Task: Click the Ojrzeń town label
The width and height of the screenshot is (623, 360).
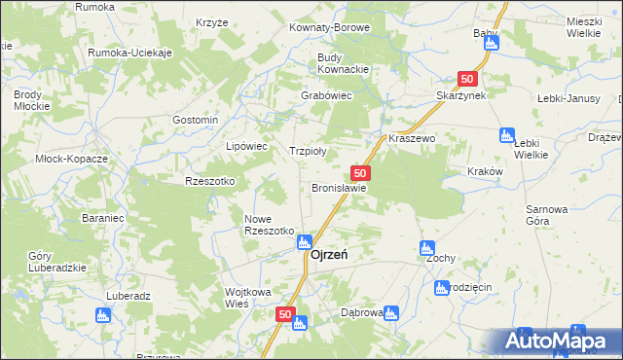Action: (x=330, y=255)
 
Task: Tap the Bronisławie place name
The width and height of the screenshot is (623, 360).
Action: (x=339, y=188)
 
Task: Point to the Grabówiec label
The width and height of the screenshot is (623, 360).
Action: (x=326, y=95)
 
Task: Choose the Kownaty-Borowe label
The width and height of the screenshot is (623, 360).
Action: (x=329, y=27)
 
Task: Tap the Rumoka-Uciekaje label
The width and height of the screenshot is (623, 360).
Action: (x=129, y=53)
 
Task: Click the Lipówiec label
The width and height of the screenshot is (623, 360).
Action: (x=246, y=146)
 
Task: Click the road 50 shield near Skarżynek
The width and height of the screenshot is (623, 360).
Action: (x=468, y=79)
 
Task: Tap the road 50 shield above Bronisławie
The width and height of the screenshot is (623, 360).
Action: (x=360, y=172)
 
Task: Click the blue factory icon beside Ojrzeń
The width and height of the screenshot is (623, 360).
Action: (x=304, y=241)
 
